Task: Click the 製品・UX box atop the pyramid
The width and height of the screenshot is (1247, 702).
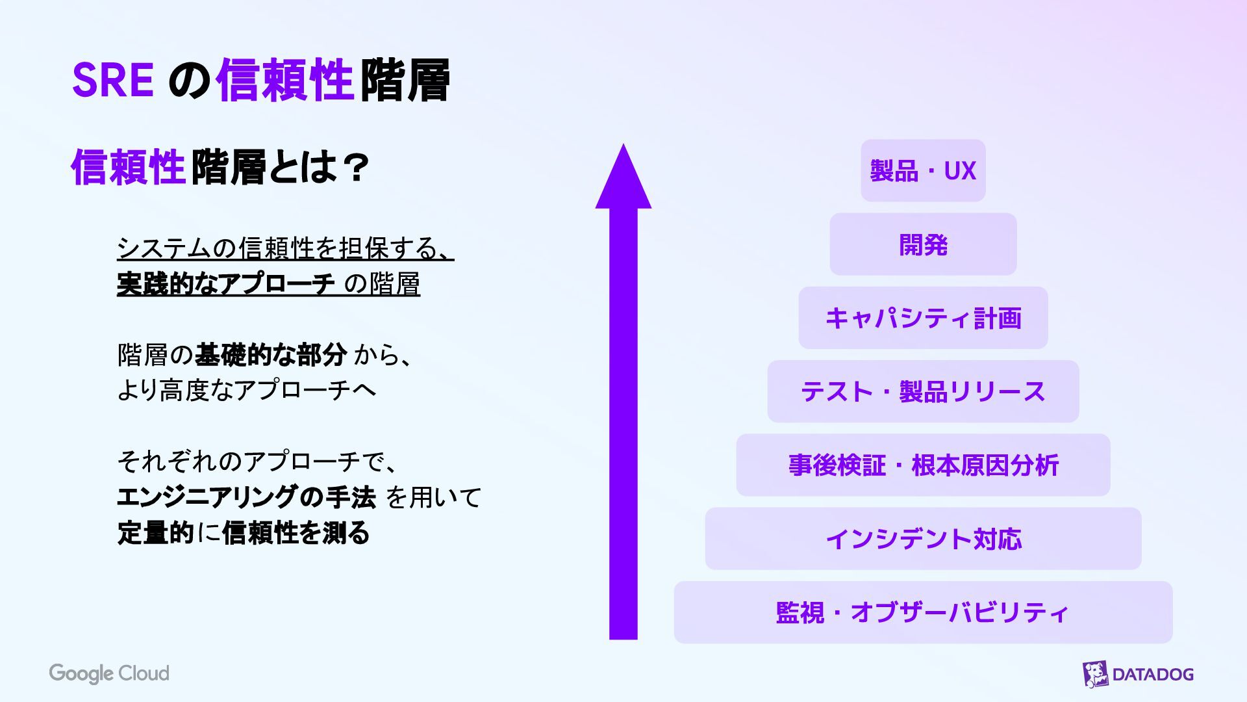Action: (x=923, y=170)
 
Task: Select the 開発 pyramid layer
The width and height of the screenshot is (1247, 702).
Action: (x=923, y=244)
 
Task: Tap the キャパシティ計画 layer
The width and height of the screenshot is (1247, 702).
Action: (x=923, y=318)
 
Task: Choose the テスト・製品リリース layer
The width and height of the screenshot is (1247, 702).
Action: (x=923, y=391)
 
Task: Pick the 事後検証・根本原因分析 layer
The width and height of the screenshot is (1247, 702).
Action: (x=923, y=465)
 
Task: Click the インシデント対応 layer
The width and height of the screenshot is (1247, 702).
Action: (x=923, y=539)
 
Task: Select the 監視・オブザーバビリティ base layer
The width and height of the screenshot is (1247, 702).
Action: (x=923, y=612)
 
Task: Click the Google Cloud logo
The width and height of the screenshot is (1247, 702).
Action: (x=109, y=673)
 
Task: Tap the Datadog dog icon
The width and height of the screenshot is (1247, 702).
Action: (x=1095, y=674)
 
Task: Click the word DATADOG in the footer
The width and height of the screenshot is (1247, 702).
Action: (x=1153, y=674)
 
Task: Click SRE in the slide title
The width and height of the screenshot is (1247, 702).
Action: (x=112, y=81)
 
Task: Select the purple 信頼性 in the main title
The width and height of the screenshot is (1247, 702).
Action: (x=284, y=81)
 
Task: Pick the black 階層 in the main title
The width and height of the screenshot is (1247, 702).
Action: (x=405, y=81)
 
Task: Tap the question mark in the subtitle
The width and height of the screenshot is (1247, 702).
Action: (x=355, y=168)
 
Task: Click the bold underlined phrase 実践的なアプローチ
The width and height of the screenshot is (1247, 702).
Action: (x=226, y=284)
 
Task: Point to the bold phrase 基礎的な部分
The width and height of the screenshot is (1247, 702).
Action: (x=271, y=355)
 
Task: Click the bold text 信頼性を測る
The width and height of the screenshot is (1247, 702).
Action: (x=296, y=533)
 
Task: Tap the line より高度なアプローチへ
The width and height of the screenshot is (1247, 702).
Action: (x=247, y=390)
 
